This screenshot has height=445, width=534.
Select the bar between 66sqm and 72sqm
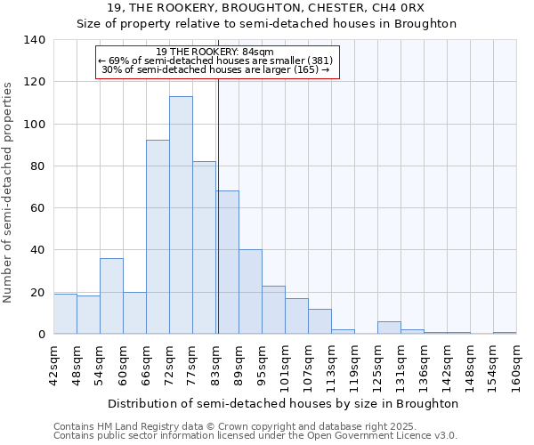pos(158,237)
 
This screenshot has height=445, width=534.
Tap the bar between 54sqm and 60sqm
pos(111,295)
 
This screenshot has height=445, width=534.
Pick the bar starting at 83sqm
pos(227,263)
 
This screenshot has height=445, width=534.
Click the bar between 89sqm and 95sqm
pos(250,292)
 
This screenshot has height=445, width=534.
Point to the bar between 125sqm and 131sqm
pos(389,328)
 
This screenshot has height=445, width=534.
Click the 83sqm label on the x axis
pos(216,365)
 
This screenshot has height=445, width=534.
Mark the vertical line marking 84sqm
pos(218,222)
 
